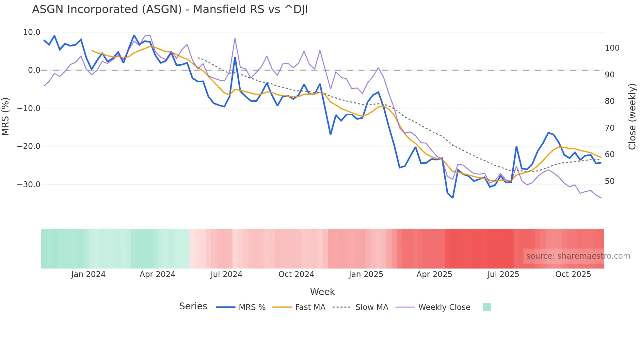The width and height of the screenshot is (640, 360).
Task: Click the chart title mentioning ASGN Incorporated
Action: coord(170,9)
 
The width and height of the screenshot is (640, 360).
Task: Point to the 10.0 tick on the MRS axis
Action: coord(32,32)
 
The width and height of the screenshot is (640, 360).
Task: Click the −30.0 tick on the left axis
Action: coord(29,185)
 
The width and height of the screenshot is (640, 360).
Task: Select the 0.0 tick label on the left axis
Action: coord(34,70)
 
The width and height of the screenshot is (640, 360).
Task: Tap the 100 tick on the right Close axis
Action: coord(612,48)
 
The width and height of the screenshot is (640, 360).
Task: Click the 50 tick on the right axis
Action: coord(610,181)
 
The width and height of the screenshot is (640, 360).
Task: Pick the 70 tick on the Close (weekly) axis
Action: coord(610,128)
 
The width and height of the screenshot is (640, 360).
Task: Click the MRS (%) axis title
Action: coord(6,116)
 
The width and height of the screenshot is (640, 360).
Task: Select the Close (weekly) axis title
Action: coord(632,117)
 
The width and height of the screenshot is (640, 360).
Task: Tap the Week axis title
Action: coord(322,292)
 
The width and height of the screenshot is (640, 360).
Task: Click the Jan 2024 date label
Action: coord(88,274)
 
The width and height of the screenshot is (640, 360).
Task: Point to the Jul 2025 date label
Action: coord(503,274)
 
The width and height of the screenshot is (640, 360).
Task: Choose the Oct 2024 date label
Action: coord(296,274)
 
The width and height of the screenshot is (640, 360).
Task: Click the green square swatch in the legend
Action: coord(487,307)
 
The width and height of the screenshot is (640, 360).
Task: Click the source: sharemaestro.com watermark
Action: coord(578,256)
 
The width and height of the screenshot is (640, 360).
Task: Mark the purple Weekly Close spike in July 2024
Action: coord(235,39)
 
